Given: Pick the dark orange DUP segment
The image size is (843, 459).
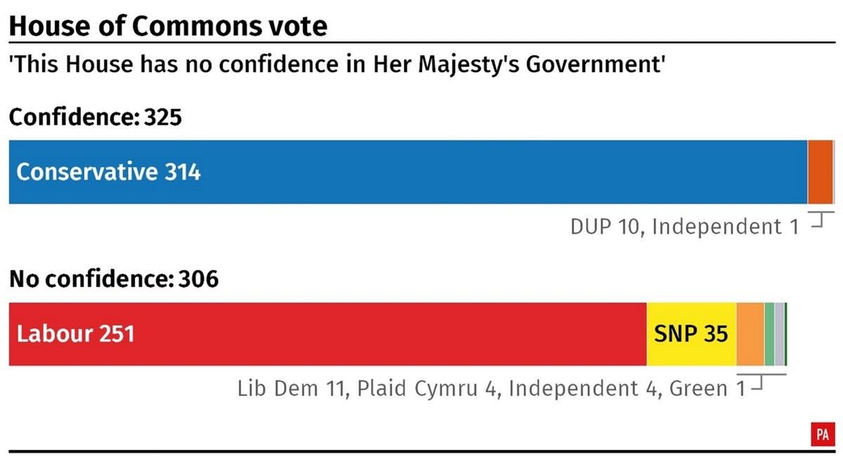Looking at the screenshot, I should pyautogui.click(x=819, y=172).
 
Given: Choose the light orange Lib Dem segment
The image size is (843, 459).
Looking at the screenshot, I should pyautogui.click(x=750, y=334).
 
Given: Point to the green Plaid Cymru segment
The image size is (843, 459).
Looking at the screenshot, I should pyautogui.click(x=769, y=334).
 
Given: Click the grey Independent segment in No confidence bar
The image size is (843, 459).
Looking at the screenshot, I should pyautogui.click(x=780, y=334).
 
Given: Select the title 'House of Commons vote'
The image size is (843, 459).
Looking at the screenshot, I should pyautogui.click(x=168, y=26).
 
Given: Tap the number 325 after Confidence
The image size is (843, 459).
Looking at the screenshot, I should pyautogui.click(x=163, y=117).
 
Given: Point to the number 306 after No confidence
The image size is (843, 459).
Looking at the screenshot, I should pyautogui.click(x=199, y=279).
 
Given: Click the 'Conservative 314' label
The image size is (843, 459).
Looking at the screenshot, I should pyautogui.click(x=109, y=172).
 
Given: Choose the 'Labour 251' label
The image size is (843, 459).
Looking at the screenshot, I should pyautogui.click(x=76, y=334).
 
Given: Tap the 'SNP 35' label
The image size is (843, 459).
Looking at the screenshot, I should pyautogui.click(x=691, y=334).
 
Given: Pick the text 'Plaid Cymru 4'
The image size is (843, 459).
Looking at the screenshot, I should pyautogui.click(x=427, y=388).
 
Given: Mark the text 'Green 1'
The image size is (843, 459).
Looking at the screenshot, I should pyautogui.click(x=708, y=388).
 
